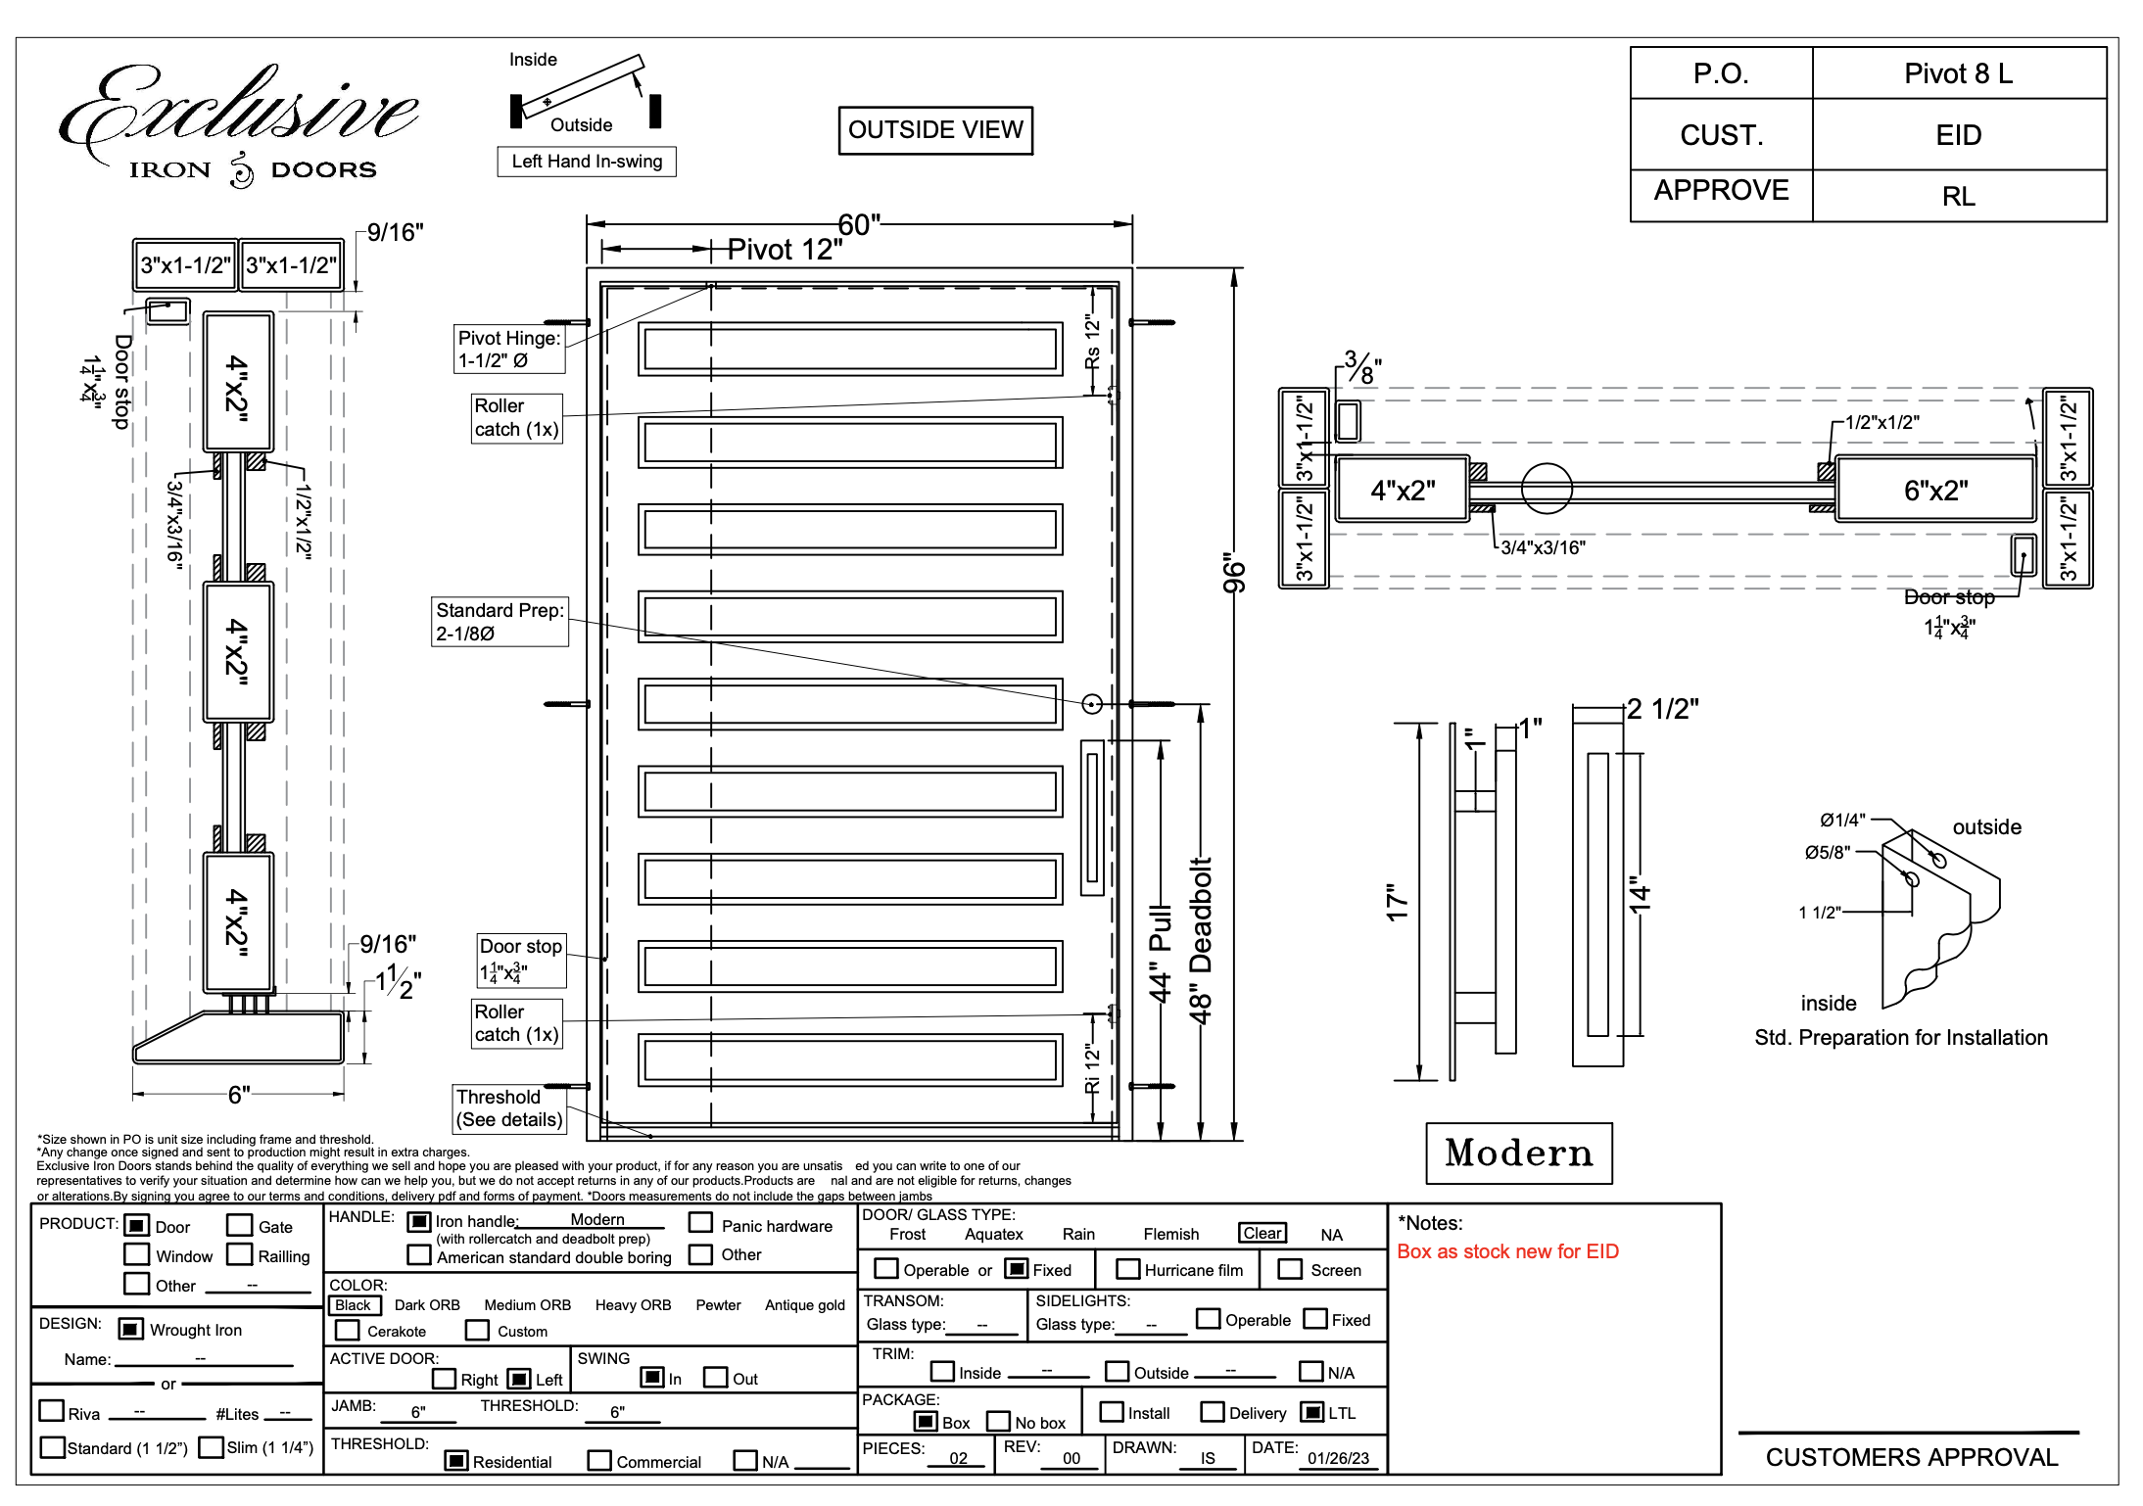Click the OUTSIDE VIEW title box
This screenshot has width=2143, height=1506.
pos(935,130)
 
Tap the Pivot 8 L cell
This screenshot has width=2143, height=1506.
pos(1958,73)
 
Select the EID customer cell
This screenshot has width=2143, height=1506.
pos(1958,135)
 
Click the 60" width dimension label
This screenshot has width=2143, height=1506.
pos(859,225)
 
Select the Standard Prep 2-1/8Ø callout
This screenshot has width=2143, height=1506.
pos(500,622)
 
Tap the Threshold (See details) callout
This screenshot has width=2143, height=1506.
pos(509,1108)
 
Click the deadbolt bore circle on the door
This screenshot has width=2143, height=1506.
pos(1092,703)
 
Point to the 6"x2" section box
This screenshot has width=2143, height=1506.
pos(1935,490)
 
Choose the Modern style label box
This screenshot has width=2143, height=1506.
pos(1518,1153)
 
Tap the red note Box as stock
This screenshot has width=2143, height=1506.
pos(1507,1251)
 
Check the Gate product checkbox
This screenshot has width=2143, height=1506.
pos(239,1226)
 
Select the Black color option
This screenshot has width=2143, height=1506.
pos(354,1305)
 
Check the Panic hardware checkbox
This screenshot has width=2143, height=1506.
pos(700,1223)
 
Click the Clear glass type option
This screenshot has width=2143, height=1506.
pos(1262,1234)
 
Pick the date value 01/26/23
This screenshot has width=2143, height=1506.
pos(1338,1458)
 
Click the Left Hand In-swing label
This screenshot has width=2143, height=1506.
pos(587,162)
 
